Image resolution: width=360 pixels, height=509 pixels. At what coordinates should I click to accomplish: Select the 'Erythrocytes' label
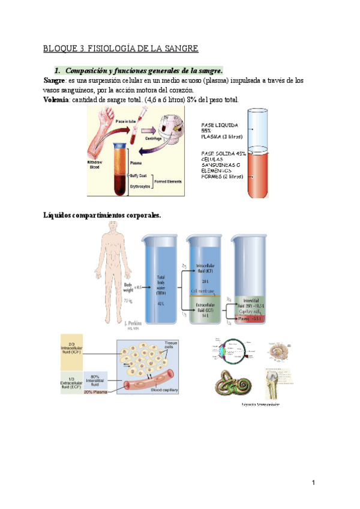[141, 187]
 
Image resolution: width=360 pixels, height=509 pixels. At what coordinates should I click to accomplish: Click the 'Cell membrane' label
[206, 291]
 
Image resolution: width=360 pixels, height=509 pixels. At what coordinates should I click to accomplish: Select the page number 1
[313, 483]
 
